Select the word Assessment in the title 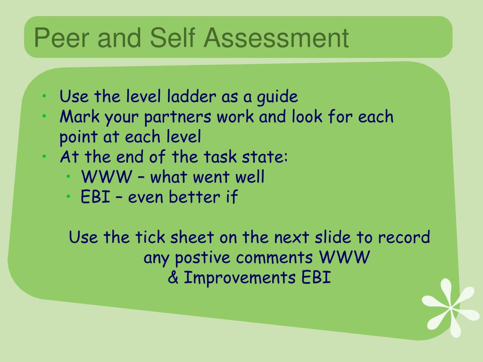click(276, 38)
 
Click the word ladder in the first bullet click(192, 96)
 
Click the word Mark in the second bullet click(79, 116)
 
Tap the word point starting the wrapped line click(79, 137)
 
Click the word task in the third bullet click(220, 156)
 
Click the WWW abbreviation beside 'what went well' click(106, 177)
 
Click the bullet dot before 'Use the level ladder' click(44, 96)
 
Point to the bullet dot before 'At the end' click(44, 156)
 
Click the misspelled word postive click(202, 258)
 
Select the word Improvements click(240, 278)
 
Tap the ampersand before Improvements click(173, 277)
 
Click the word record click(404, 237)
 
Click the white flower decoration click(450, 308)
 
